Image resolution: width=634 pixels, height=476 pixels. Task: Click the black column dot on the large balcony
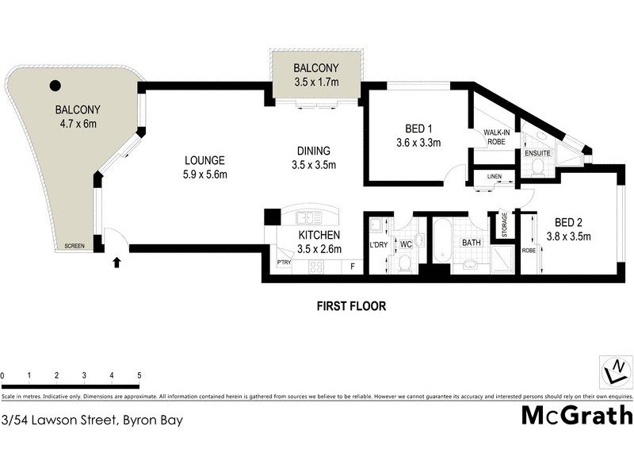pyautogui.click(x=55, y=86)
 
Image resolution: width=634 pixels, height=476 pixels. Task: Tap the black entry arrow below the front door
pyautogui.click(x=117, y=261)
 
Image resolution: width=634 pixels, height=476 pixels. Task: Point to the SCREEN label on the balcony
pyautogui.click(x=76, y=247)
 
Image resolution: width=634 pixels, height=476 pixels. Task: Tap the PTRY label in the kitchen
pyautogui.click(x=283, y=263)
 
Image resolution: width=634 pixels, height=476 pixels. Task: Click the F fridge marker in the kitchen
pyautogui.click(x=353, y=267)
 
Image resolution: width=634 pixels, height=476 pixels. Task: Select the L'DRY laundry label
pyautogui.click(x=378, y=244)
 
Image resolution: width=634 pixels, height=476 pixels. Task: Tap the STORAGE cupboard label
pyautogui.click(x=503, y=225)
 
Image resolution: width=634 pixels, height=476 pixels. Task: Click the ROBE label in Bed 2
pyautogui.click(x=528, y=251)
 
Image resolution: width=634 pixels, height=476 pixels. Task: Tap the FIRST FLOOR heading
pyautogui.click(x=351, y=306)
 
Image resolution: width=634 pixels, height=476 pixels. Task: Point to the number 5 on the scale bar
pyautogui.click(x=139, y=375)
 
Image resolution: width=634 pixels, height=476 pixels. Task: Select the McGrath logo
pyautogui.click(x=577, y=415)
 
